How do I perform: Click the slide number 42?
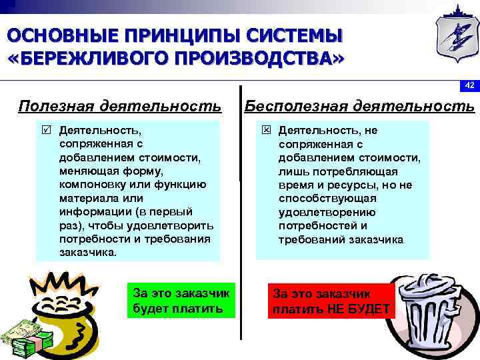tap(469, 85)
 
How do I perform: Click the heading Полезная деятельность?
tap(120, 105)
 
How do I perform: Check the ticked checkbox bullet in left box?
tap(45, 130)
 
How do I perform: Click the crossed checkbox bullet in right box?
tap(265, 130)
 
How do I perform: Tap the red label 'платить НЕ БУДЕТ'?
tap(332, 301)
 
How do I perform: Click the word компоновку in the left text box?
tap(91, 185)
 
